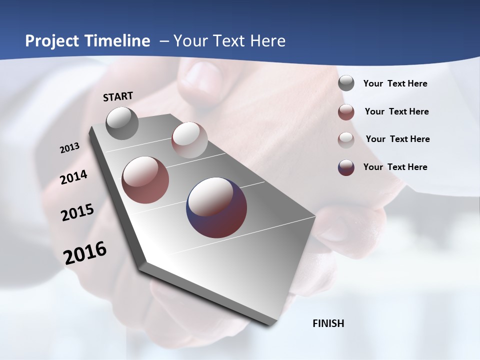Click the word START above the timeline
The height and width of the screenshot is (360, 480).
pos(118,96)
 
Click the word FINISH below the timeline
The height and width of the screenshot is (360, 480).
pos(328,323)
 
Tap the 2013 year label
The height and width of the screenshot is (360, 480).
pos(70,148)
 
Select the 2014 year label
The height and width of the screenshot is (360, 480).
pos(74,177)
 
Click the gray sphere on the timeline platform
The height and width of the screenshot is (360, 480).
pos(122,123)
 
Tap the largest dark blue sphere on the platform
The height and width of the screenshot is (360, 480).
pos(216,207)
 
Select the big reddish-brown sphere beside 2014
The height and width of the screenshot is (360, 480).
pos(145,180)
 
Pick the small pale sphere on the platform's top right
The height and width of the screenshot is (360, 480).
pos(189,140)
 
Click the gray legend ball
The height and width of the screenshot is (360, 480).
pos(346,83)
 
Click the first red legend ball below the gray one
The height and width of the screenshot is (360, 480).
pos(346,112)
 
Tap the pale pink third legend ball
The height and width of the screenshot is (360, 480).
pos(346,139)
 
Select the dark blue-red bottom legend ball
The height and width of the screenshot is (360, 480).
pos(346,167)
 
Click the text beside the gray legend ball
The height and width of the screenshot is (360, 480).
pos(395,84)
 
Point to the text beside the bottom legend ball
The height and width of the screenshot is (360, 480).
pos(395,167)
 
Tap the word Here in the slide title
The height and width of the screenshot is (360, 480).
pos(267,41)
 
